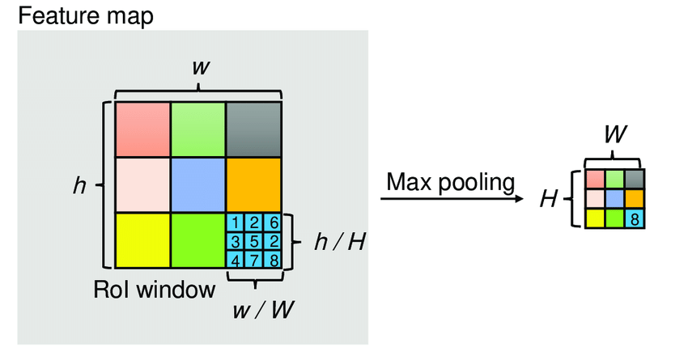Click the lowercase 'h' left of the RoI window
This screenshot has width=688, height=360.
(79, 185)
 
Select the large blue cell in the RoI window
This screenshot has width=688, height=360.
(197, 184)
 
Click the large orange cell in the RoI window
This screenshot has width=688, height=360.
(253, 184)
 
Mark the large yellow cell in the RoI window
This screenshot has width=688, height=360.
(142, 240)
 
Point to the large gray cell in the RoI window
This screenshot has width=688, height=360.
(253, 129)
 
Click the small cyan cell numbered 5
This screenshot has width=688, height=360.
(253, 241)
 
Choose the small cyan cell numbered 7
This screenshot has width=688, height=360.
(253, 259)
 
